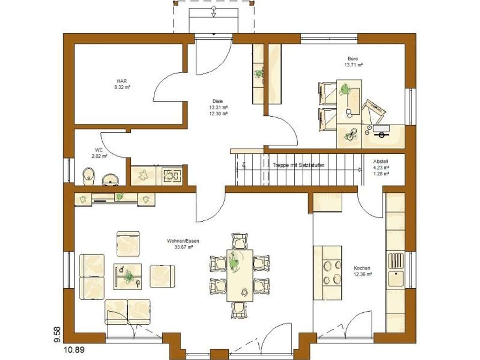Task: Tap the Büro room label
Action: (354, 59)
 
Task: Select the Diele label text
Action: (217, 101)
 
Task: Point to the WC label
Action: (99, 150)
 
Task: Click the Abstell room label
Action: (381, 161)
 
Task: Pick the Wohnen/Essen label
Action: (180, 241)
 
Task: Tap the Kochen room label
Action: (362, 268)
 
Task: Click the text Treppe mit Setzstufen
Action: (299, 165)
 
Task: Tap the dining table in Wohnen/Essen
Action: (240, 275)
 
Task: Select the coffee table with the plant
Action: (128, 277)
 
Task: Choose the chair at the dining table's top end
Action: (240, 240)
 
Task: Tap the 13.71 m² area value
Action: (354, 65)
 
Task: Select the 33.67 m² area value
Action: (180, 247)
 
